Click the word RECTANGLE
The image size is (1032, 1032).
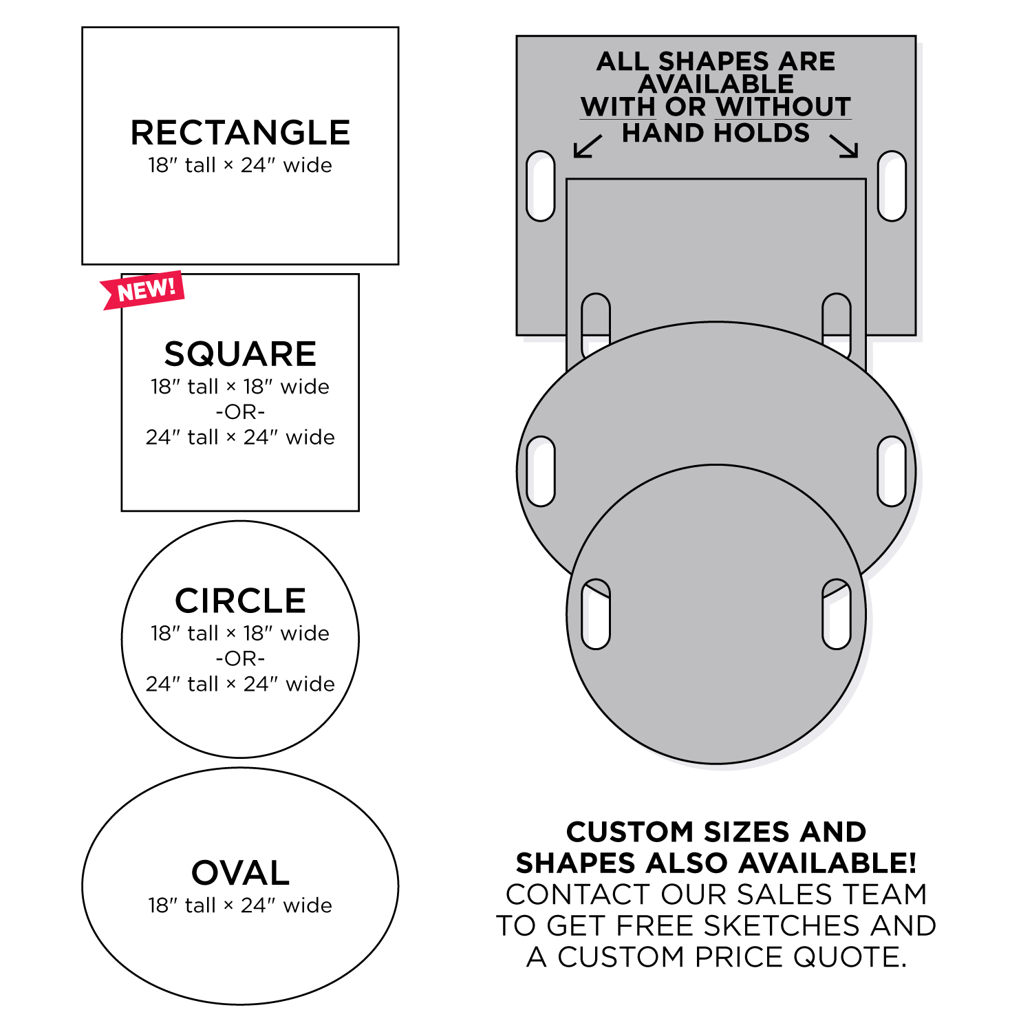point(240,133)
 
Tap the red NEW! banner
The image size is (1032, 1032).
point(143,290)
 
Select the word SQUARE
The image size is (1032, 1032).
point(240,354)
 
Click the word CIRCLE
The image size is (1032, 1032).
point(240,601)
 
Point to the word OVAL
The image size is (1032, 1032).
point(240,873)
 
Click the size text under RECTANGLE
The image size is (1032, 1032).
point(240,165)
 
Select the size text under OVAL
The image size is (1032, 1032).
point(240,905)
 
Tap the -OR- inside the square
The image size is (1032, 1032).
point(240,412)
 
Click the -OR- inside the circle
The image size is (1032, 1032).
point(240,658)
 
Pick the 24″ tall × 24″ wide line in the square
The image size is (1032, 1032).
point(240,437)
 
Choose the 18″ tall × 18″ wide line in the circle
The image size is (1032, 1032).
point(240,633)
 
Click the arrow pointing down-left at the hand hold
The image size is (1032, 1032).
point(588,147)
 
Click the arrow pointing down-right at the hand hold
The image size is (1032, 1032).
point(844,146)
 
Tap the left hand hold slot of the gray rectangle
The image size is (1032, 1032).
point(541,186)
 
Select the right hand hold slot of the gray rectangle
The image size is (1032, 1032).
point(892,186)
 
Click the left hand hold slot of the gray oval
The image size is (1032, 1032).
point(541,471)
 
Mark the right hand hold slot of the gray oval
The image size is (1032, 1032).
point(892,471)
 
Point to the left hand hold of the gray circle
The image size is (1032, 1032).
point(596,614)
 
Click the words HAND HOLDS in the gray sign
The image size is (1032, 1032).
point(716,133)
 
